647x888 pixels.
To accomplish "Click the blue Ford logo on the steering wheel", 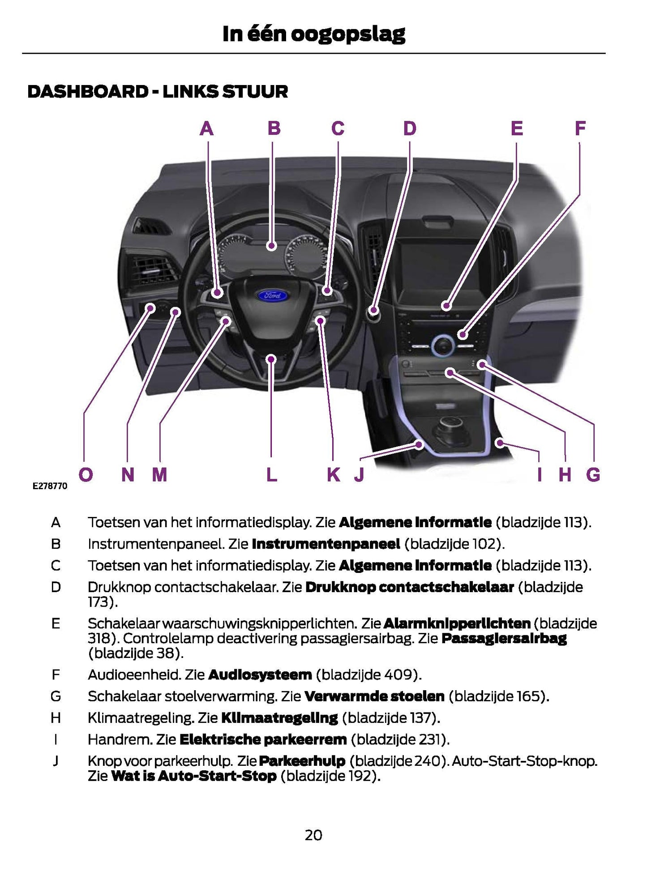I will point(273,295).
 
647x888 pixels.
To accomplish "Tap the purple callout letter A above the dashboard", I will point(206,129).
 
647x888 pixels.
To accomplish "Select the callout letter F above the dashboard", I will point(580,129).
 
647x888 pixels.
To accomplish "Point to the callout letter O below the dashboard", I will point(86,474).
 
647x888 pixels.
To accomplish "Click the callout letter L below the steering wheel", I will point(271,474).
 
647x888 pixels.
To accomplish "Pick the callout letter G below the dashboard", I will point(593,474).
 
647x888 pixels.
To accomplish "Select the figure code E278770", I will point(50,486).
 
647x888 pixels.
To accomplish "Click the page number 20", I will point(313,835).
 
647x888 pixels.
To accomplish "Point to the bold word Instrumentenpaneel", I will point(326,544).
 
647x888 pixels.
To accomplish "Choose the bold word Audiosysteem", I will point(260,675).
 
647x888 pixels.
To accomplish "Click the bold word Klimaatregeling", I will point(279,718).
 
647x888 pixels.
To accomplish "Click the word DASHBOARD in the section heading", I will point(88,92).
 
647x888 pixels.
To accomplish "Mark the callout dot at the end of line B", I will point(271,245).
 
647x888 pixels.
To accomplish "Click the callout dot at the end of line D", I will point(373,310).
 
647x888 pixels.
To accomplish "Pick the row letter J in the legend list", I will point(56,761).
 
